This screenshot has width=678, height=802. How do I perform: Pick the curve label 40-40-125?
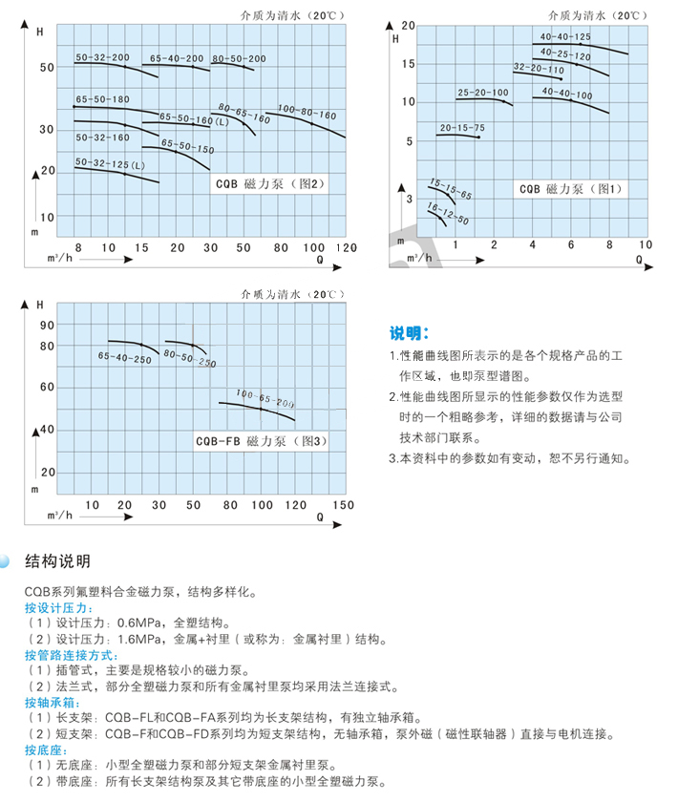tap(565, 36)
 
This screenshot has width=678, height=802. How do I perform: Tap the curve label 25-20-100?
tap(482, 93)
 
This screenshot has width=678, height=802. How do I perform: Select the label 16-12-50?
tap(448, 213)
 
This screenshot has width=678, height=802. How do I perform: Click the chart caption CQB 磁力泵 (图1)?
tap(570, 189)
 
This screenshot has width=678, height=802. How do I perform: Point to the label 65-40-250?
tap(124, 357)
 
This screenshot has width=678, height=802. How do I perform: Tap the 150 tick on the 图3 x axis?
tap(342, 505)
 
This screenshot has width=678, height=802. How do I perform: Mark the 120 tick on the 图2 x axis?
tap(346, 247)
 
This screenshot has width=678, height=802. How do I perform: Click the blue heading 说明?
tap(411, 333)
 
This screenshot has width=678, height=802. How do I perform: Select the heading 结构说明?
tap(57, 560)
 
